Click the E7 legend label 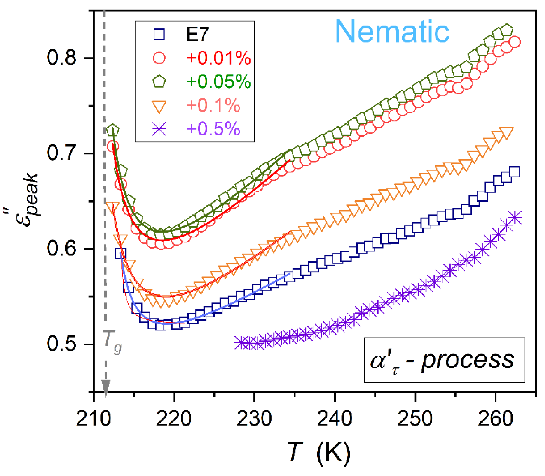point(197,34)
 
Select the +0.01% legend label point(219,58)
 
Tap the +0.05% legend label point(219,82)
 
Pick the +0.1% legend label point(213,105)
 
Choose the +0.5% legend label point(213,129)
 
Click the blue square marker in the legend point(159,34)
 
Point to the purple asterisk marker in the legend point(159,129)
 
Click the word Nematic point(392,32)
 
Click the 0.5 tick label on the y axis point(61,344)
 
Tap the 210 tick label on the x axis point(94,418)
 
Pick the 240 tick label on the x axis point(335,418)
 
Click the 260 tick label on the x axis point(495,418)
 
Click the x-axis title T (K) point(319,451)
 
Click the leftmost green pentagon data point point(112,130)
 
